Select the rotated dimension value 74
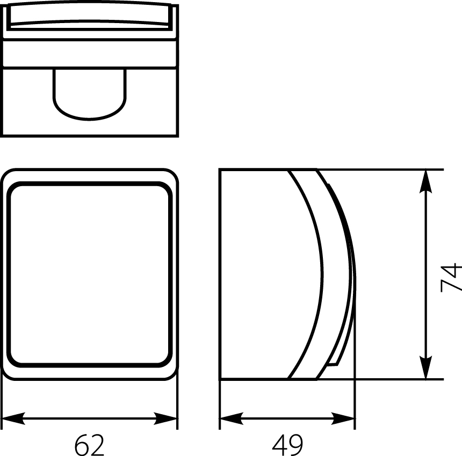click(x=450, y=277)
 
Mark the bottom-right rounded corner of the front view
click(x=171, y=373)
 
